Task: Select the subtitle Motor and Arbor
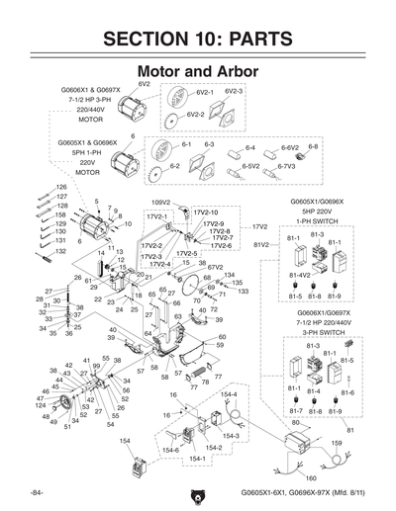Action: pyautogui.click(x=197, y=72)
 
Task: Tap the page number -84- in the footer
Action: pyautogui.click(x=37, y=491)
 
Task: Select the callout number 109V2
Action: pyautogui.click(x=161, y=202)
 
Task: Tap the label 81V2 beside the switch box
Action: pyautogui.click(x=261, y=243)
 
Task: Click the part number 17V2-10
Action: pyautogui.click(x=205, y=212)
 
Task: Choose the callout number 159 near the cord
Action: pyautogui.click(x=336, y=442)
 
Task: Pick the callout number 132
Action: pyautogui.click(x=60, y=251)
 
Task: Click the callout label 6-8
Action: pyautogui.click(x=313, y=145)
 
